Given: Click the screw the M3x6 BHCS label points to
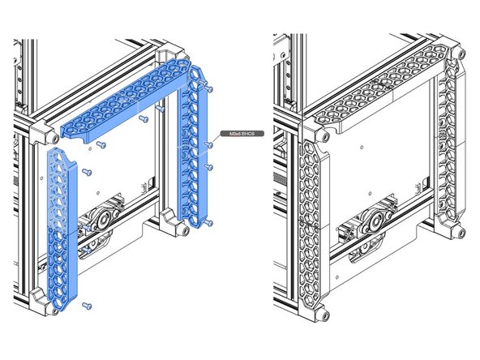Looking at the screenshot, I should click(209, 144).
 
